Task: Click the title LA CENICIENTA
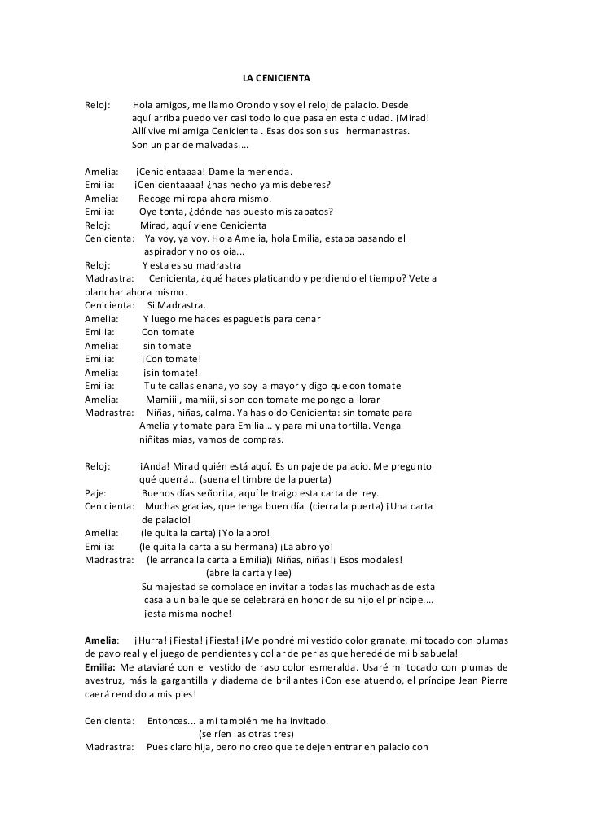click(x=277, y=80)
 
